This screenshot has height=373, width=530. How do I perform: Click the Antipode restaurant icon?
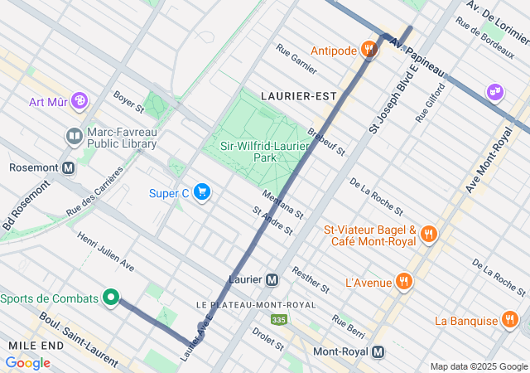point(370,51)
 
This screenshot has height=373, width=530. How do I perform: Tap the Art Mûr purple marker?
point(79,101)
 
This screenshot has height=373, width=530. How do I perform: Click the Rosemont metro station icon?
point(68,167)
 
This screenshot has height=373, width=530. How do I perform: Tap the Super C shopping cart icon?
point(202,193)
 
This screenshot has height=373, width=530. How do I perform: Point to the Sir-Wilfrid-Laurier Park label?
point(253,152)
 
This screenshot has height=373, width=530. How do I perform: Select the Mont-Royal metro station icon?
point(378,351)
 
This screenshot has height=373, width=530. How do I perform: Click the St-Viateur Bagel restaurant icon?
point(428,235)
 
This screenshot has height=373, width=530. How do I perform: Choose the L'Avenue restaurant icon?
point(403,281)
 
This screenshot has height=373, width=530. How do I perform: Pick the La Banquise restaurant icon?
point(509,320)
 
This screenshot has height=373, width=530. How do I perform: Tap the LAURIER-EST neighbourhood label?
point(298,96)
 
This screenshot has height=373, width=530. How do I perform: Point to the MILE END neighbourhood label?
point(32,344)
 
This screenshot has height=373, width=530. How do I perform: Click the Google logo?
point(27,363)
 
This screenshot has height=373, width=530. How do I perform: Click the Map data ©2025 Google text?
point(478,366)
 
